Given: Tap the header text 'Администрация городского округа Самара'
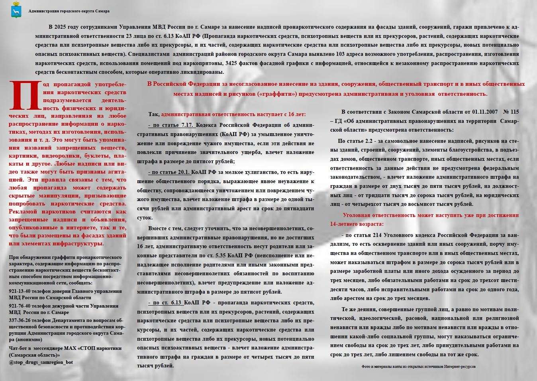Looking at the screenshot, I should [x=69, y=11].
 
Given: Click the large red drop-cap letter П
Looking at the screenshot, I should [x=25, y=95].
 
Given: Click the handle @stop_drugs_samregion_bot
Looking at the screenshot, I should [x=41, y=362].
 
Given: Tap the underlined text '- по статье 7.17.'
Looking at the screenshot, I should [x=171, y=125].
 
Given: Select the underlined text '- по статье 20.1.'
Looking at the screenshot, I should [x=169, y=172].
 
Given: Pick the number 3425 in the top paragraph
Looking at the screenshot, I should [x=233, y=63].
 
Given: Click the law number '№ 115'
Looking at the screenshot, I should [x=511, y=112].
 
